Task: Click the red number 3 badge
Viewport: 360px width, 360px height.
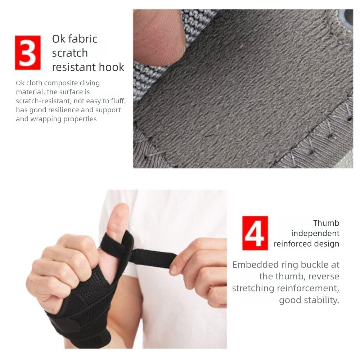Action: click(x=28, y=53)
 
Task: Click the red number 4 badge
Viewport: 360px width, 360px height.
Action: click(x=255, y=233)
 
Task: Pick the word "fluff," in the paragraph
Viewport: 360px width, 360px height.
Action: click(x=116, y=101)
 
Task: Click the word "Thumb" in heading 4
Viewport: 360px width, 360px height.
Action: click(x=326, y=223)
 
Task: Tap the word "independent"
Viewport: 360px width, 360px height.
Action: click(x=315, y=233)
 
